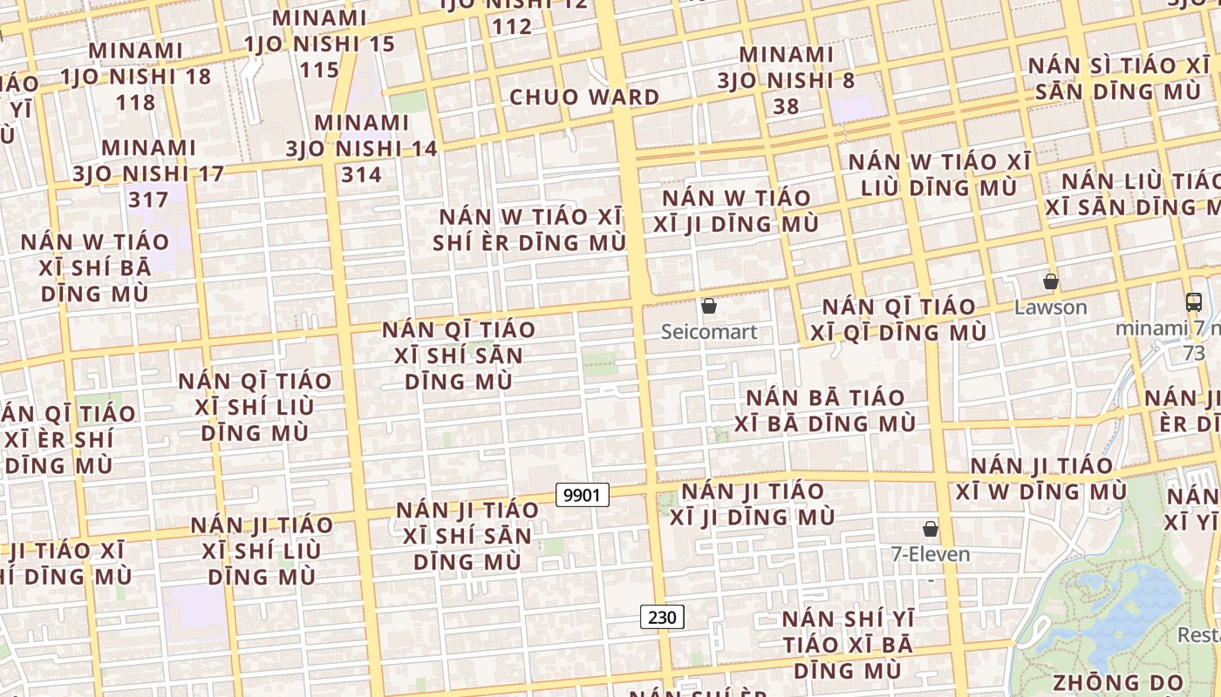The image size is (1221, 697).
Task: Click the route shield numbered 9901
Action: tap(582, 495)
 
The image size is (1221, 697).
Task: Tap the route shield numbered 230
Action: tap(662, 617)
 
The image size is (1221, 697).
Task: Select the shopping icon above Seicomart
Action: tap(709, 307)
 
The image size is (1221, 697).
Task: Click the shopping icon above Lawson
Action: tap(1051, 281)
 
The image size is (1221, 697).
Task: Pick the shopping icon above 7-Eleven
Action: tap(931, 529)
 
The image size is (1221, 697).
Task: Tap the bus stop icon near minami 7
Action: tap(1194, 302)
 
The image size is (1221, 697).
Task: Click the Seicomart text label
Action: tap(709, 332)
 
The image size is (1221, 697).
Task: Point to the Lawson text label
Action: tap(1051, 308)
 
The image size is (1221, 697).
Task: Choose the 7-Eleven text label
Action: tap(930, 554)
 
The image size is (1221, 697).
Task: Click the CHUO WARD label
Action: tap(583, 97)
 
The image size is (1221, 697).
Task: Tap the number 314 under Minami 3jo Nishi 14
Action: tap(361, 175)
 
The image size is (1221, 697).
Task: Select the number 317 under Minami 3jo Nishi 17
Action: tap(147, 200)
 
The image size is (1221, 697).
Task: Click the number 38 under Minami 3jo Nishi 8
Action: tap(786, 106)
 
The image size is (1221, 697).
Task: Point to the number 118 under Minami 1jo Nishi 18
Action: tap(135, 102)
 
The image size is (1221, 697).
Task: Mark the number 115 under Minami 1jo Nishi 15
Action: tap(319, 70)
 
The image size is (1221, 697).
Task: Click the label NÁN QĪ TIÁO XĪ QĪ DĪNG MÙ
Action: tap(898, 320)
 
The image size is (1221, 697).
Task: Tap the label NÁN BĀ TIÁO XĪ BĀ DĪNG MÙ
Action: tap(824, 410)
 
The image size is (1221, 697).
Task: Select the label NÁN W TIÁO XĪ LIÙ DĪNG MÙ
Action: tap(938, 174)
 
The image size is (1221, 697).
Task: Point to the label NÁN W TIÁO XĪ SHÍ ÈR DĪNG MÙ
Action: tap(530, 229)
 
